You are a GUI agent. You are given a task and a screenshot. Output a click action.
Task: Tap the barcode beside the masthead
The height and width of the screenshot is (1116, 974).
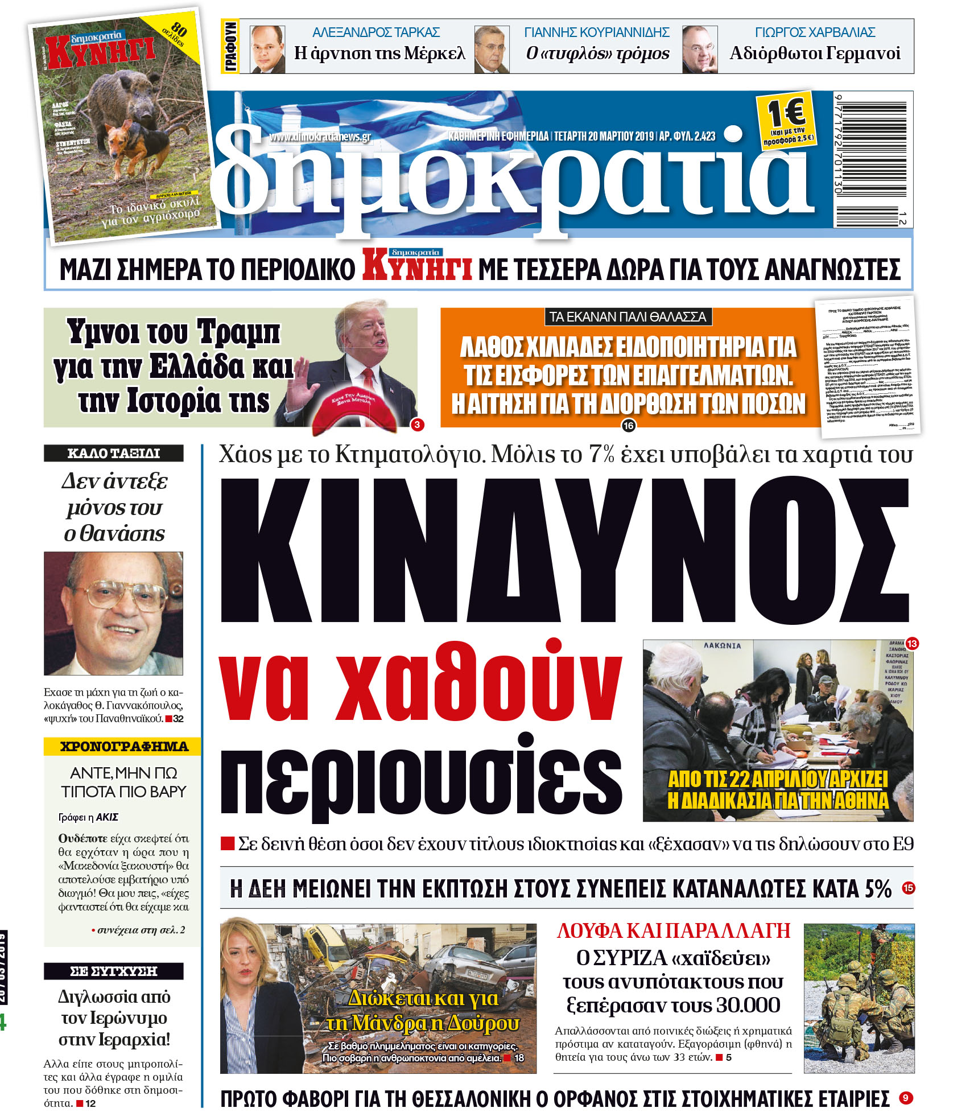pos(873,159)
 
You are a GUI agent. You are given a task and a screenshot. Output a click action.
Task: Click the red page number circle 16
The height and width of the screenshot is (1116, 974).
pos(628,425)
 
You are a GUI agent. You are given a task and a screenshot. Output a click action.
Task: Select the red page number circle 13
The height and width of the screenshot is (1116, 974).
pos(911,644)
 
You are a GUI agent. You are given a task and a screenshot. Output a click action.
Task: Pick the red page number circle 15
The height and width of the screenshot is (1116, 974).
pos(909,887)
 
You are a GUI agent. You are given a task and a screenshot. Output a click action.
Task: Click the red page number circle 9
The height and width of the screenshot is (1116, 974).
pos(906,1098)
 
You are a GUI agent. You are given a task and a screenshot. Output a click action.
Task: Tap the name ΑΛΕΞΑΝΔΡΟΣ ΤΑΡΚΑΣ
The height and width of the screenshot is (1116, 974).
pos(376,32)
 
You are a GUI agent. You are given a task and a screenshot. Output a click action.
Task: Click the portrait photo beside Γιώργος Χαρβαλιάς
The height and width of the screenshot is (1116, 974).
pos(699,50)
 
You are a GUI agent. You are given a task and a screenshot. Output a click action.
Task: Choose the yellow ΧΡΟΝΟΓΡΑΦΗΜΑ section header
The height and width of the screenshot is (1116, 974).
pos(123,746)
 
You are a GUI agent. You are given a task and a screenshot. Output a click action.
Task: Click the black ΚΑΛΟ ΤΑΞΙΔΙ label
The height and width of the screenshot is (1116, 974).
pos(114,453)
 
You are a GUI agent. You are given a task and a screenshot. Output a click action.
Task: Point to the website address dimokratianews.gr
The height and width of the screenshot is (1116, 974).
pos(320,137)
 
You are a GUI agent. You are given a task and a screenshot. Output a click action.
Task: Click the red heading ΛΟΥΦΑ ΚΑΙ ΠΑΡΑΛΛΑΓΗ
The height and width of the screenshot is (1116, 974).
pos(674,931)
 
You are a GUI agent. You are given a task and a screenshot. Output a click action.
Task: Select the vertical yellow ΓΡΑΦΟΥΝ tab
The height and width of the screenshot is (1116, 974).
pos(230,47)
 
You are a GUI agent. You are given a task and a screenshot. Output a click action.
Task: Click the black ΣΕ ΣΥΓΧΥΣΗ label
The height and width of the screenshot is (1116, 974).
pos(114,971)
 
